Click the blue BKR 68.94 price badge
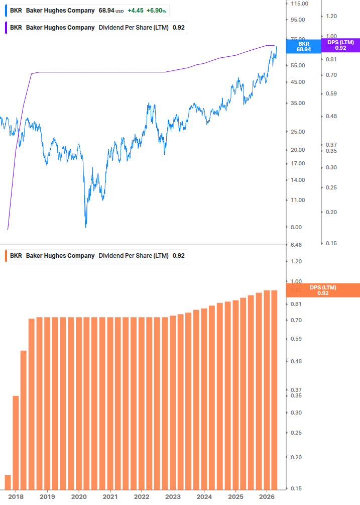[303, 46]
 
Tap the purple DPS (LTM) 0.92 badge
[340, 45]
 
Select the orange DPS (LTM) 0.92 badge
[322, 290]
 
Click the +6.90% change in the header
[157, 10]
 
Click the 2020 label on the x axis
[78, 496]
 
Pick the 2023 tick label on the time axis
[172, 496]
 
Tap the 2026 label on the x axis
[266, 496]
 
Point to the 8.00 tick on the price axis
[296, 227]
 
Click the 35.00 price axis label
[298, 103]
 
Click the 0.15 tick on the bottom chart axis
[296, 488]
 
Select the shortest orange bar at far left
[8, 482]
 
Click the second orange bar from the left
[16, 443]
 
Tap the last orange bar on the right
[274, 390]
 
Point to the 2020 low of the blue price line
[86, 226]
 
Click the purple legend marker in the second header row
[5, 27]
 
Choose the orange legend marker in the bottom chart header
[5, 255]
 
